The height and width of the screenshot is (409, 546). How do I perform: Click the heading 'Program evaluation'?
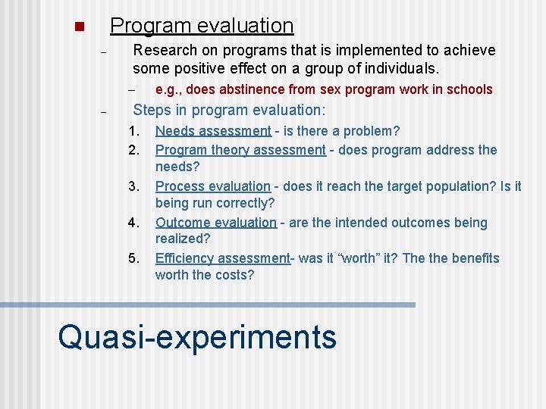click(x=201, y=26)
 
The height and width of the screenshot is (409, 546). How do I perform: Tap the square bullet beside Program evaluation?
click(x=77, y=28)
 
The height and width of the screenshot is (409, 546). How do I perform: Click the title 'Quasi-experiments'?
click(x=197, y=336)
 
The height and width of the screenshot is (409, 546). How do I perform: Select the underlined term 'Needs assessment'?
click(x=213, y=131)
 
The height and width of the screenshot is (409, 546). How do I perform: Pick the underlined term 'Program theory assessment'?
click(x=240, y=150)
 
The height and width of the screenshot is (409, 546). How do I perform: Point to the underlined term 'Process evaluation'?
click(x=212, y=186)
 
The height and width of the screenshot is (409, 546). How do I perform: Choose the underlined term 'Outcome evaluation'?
click(x=216, y=223)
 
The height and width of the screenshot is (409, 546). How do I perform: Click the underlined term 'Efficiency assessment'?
click(x=223, y=258)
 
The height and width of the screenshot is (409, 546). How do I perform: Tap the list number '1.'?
click(x=134, y=131)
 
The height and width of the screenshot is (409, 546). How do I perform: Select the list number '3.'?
click(x=134, y=186)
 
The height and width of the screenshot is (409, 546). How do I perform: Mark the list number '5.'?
click(x=134, y=258)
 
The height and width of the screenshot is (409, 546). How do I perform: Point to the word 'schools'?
click(x=469, y=89)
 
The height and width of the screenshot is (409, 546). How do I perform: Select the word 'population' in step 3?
click(x=435, y=186)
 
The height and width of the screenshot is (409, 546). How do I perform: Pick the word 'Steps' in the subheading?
click(x=152, y=110)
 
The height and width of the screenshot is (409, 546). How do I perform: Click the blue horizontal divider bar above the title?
click(x=208, y=304)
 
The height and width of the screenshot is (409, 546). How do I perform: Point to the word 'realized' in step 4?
click(x=182, y=239)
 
